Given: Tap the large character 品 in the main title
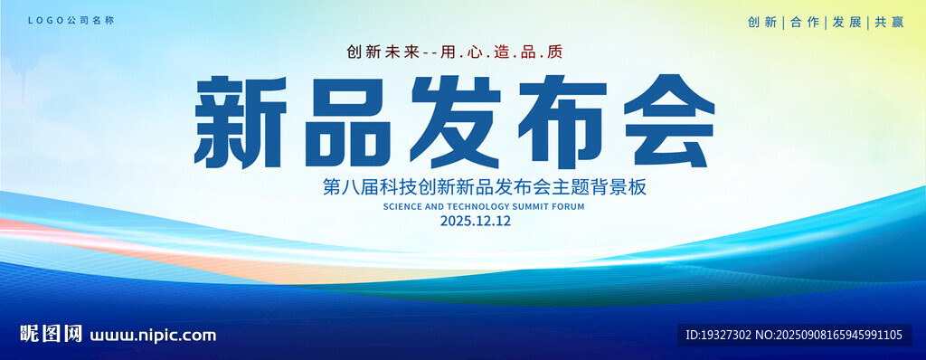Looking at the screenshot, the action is pyautogui.click(x=348, y=122).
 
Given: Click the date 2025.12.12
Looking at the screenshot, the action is pyautogui.click(x=476, y=222).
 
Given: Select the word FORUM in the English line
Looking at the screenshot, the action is pyautogui.click(x=569, y=207).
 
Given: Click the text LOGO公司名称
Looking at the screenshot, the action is pyautogui.click(x=71, y=21).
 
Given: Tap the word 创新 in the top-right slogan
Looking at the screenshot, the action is pyautogui.click(x=762, y=23).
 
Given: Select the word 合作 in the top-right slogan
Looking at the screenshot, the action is pyautogui.click(x=805, y=23).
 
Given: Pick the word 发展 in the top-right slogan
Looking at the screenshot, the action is pyautogui.click(x=847, y=23).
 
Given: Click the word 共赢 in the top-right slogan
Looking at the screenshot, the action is pyautogui.click(x=890, y=23).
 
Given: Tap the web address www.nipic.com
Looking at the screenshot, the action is pyautogui.click(x=153, y=336).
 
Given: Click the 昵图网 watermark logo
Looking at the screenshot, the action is pyautogui.click(x=52, y=334).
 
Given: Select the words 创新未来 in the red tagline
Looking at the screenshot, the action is pyautogui.click(x=383, y=52).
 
